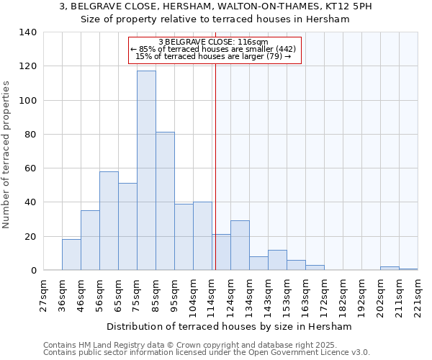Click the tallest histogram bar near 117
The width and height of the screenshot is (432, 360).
click(x=146, y=170)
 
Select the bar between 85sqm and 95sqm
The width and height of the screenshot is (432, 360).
click(x=165, y=201)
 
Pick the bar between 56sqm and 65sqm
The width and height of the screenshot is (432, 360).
click(x=109, y=221)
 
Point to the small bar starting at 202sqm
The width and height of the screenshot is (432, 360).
click(x=390, y=269)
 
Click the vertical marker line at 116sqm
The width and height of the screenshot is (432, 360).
click(x=215, y=166)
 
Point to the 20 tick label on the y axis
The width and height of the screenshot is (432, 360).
click(x=30, y=237)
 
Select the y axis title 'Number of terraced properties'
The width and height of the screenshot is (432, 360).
click(x=6, y=154)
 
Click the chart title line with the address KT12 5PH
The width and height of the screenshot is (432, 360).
click(x=215, y=6)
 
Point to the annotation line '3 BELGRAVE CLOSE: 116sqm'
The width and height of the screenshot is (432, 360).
click(x=213, y=42)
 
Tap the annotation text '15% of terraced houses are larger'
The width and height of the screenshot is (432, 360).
click(x=213, y=56)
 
